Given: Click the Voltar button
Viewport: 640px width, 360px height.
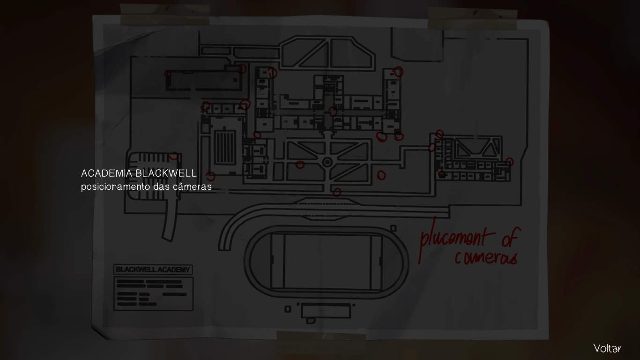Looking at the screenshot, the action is click(x=607, y=348).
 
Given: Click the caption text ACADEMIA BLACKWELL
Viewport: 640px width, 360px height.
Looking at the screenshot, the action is click(x=139, y=173).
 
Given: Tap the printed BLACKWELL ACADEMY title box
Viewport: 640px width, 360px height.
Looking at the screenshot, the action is click(x=153, y=270).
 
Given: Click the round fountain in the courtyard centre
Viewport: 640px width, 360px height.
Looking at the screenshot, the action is click(x=327, y=162).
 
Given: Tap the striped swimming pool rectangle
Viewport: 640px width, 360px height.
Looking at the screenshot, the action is click(x=223, y=148).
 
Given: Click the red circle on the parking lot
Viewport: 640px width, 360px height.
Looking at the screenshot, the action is click(x=174, y=156).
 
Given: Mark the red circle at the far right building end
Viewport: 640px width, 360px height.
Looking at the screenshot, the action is click(x=509, y=162).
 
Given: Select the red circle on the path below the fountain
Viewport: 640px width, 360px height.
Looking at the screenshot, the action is click(x=336, y=192).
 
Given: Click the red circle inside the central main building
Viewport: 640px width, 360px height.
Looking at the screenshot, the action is click(x=333, y=112).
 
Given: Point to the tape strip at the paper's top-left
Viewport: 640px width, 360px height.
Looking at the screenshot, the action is click(x=164, y=15).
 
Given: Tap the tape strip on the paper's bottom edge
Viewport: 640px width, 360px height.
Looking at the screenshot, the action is click(x=321, y=336).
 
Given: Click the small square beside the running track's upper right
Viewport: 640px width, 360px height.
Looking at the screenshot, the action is click(x=393, y=228).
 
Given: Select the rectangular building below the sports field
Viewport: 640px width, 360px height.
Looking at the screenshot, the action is click(x=326, y=311).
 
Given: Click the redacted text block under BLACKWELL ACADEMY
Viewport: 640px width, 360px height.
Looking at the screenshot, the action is click(x=153, y=293).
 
